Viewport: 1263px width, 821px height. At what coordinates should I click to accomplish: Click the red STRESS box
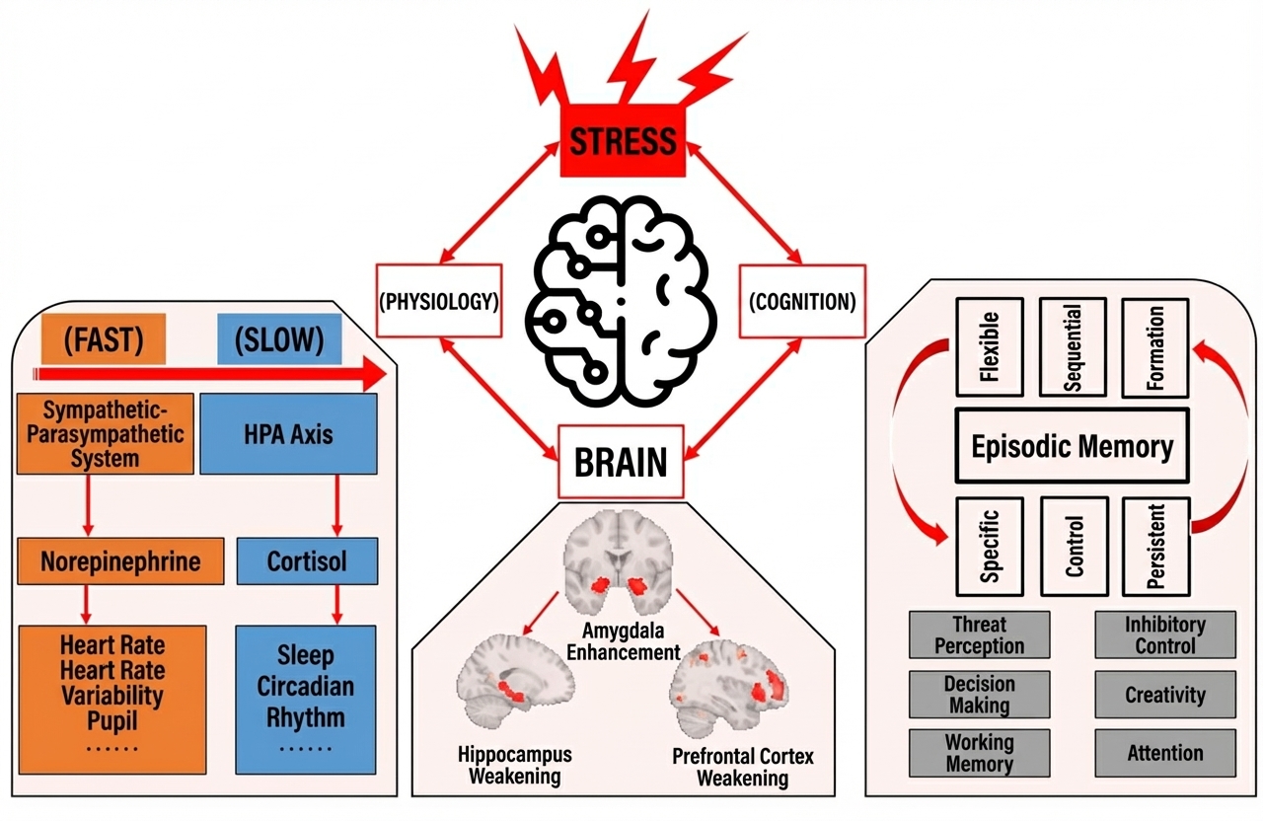point(623,141)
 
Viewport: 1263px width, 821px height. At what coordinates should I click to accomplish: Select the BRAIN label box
point(621,462)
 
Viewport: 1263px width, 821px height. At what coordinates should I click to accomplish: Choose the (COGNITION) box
point(802,301)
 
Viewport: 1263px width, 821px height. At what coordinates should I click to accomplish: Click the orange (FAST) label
point(104,340)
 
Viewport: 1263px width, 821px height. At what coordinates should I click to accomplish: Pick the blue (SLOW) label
point(279,340)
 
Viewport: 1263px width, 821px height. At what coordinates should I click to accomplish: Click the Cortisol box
point(307,561)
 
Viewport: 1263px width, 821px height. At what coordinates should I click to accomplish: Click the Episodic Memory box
point(1073,447)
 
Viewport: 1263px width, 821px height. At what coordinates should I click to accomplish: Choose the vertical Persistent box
point(1155,546)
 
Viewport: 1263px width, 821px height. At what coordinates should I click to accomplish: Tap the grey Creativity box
point(1165,695)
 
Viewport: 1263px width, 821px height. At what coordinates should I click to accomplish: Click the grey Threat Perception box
point(980,634)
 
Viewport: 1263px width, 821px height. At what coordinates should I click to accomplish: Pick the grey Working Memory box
point(980,753)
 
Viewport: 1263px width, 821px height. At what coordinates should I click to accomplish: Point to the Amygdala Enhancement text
point(631,642)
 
